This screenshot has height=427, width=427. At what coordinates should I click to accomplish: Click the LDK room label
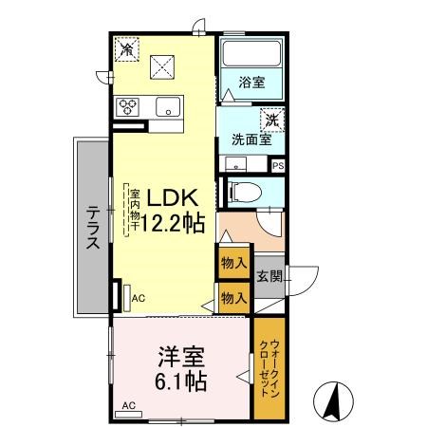(173, 197)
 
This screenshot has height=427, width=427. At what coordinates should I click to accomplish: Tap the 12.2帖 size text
(173, 223)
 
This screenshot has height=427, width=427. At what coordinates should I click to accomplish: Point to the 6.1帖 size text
(181, 381)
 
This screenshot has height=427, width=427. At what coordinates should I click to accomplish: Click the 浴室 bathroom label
(251, 83)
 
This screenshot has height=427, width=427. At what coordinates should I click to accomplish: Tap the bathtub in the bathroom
(252, 53)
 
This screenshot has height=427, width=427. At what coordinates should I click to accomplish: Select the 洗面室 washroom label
(251, 139)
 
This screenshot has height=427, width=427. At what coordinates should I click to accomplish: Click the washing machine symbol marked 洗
(272, 120)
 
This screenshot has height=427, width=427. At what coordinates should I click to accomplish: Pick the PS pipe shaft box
(278, 166)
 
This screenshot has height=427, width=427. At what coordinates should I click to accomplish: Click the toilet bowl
(245, 193)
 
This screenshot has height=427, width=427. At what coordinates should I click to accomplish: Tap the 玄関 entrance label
(269, 277)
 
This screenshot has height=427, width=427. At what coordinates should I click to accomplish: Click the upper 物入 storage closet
(233, 263)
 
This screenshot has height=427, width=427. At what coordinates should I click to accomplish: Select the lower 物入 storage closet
(234, 298)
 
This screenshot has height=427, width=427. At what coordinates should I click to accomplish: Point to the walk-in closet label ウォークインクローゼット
(269, 368)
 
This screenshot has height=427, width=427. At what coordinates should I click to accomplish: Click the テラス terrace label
(93, 227)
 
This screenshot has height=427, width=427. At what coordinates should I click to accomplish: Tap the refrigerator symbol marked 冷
(127, 49)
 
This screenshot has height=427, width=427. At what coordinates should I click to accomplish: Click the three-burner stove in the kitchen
(127, 106)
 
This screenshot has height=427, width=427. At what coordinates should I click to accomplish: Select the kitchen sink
(168, 106)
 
